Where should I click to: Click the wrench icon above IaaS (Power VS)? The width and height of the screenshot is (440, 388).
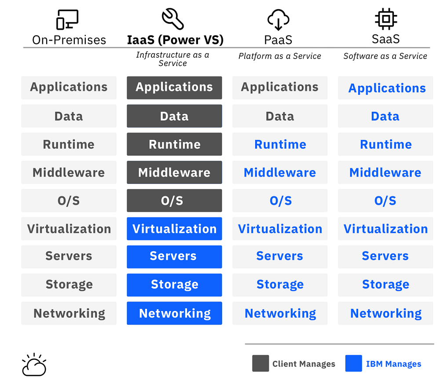click(172, 19)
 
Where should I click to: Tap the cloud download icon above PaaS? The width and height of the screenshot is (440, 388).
click(278, 20)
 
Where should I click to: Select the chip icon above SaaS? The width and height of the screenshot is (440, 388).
click(386, 19)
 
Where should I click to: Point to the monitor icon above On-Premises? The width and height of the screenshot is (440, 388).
click(67, 20)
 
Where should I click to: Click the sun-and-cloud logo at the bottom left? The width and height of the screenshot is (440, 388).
click(34, 365)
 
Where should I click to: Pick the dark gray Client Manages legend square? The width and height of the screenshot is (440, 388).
click(260, 364)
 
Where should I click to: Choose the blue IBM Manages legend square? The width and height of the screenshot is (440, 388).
click(354, 364)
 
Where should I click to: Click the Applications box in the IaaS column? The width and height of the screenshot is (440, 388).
click(174, 88)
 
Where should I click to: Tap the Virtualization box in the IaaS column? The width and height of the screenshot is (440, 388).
click(174, 229)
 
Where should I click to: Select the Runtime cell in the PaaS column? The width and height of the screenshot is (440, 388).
click(280, 144)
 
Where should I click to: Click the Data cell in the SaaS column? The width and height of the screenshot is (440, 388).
click(385, 116)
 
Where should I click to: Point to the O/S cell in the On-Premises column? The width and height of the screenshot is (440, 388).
click(69, 201)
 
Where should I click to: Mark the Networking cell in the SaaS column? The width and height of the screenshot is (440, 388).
click(385, 313)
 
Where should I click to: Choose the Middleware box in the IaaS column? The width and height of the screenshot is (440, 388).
click(174, 172)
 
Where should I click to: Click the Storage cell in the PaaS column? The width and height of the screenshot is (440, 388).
click(280, 285)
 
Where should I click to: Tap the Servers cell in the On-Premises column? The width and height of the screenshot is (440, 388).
click(69, 256)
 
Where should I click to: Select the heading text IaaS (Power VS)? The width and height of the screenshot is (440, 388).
click(175, 40)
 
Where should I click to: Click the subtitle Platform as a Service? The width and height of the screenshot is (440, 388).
click(280, 56)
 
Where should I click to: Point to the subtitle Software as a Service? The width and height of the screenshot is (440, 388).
click(385, 56)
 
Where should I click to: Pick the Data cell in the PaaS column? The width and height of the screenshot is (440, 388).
click(280, 116)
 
